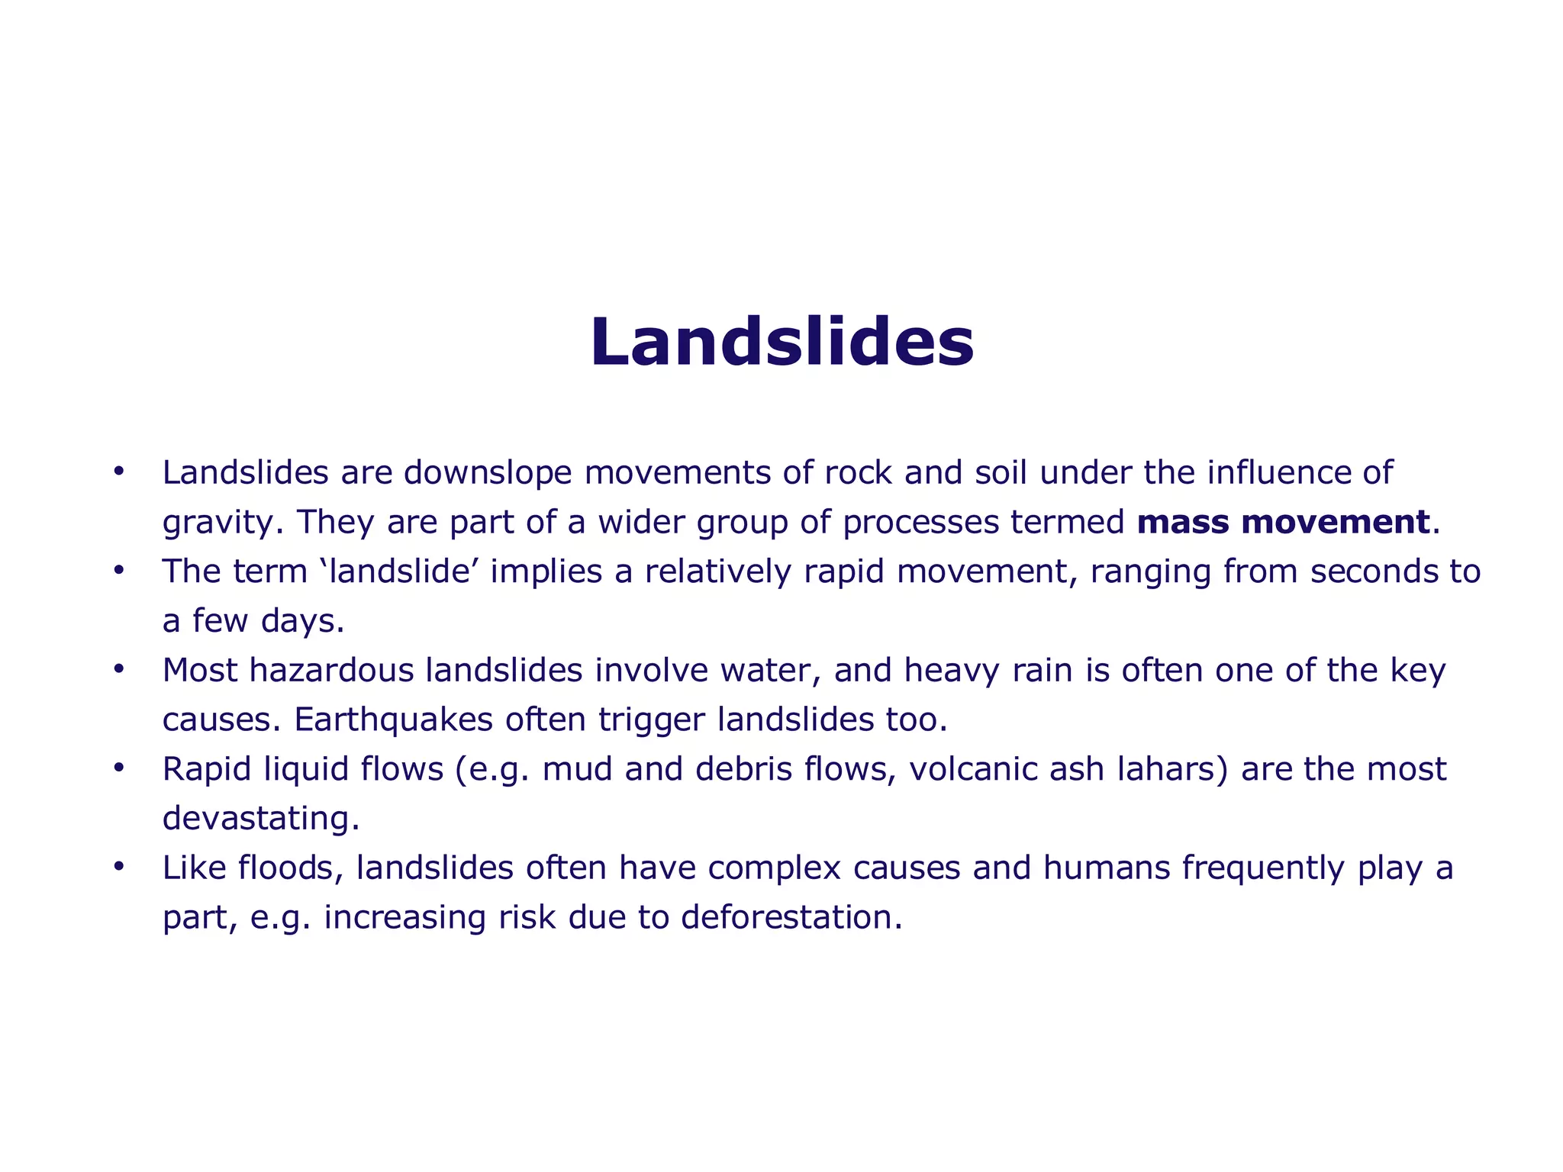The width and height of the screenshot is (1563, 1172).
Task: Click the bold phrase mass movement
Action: [x=1282, y=523]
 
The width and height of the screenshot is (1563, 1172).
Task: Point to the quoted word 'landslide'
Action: [x=401, y=572]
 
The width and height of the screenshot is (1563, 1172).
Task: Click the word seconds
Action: [x=1365, y=572]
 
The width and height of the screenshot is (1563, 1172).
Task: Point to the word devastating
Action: [x=260, y=819]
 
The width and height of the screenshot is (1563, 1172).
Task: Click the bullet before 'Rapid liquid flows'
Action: [x=118, y=768]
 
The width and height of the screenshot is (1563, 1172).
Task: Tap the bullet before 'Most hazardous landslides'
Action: [x=118, y=669]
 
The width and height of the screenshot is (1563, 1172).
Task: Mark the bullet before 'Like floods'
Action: [x=118, y=867]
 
